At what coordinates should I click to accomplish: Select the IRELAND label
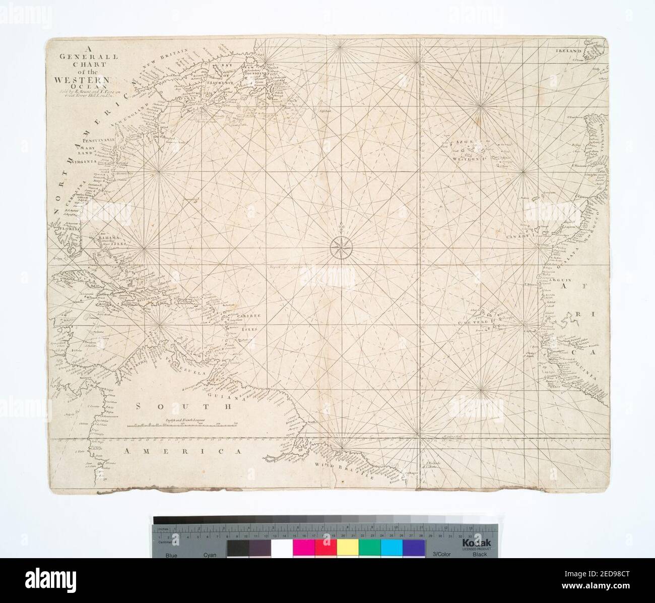(569, 51)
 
